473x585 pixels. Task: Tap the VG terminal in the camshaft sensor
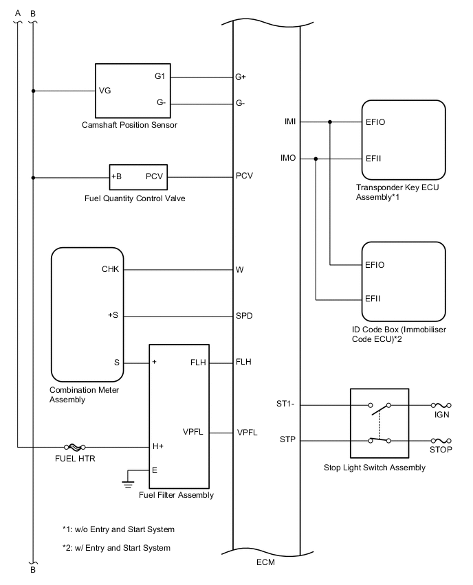105,91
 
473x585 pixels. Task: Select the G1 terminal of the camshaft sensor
159,76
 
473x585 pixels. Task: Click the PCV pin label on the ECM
244,176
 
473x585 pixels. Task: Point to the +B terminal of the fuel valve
117,176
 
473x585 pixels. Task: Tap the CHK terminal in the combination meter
110,270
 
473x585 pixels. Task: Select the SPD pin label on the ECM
245,317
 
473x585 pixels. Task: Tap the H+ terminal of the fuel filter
158,446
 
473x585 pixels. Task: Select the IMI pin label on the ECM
290,122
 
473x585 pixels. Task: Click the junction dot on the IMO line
316,159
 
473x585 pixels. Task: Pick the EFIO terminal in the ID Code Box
375,265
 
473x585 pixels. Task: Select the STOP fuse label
441,451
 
